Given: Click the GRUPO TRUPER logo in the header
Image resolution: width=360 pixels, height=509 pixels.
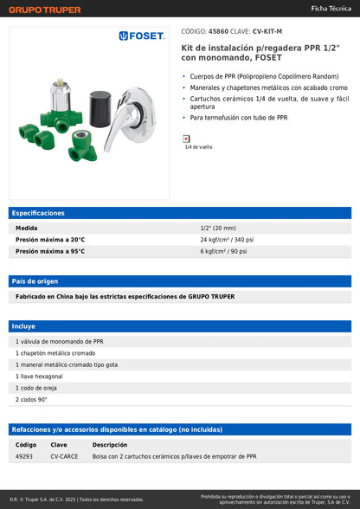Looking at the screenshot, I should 45,10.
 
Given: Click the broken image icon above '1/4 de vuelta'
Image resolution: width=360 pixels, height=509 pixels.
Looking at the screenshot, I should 186,138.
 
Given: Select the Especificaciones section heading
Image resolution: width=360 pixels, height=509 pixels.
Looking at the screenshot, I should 39,212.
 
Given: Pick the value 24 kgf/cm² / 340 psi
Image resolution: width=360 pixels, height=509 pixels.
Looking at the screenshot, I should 227,239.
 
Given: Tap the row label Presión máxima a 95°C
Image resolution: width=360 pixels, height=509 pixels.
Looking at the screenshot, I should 50,251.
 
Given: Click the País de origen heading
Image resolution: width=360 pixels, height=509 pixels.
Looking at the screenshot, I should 35,281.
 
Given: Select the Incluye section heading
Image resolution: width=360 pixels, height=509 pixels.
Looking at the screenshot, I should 23,326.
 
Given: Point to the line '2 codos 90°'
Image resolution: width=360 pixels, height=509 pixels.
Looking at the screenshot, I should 31,400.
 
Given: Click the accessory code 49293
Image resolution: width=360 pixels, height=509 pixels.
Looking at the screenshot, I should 24,455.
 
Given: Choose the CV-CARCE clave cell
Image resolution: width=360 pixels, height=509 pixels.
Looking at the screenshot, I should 64,455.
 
